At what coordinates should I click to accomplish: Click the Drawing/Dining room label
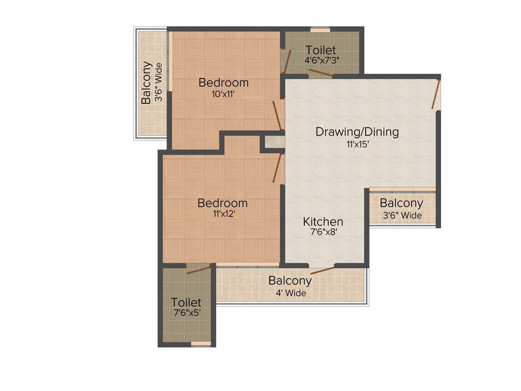[357, 132]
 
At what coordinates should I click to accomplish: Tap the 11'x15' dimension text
[357, 144]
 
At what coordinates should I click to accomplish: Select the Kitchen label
[323, 221]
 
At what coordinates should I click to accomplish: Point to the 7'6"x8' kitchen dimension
[323, 233]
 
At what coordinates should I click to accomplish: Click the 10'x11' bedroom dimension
[224, 94]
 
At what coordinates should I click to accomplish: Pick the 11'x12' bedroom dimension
[222, 214]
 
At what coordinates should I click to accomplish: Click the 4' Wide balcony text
[290, 293]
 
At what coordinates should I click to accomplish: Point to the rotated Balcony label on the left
[147, 83]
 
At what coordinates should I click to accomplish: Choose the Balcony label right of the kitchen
[401, 203]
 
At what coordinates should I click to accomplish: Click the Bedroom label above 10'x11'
[224, 82]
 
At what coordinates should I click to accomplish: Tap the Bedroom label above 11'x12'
[222, 203]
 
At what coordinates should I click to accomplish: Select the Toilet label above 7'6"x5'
[186, 302]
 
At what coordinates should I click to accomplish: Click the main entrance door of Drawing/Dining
[436, 94]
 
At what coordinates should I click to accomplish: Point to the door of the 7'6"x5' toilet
[198, 269]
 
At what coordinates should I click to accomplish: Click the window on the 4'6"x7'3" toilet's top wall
[321, 30]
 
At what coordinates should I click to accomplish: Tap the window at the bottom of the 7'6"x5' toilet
[200, 344]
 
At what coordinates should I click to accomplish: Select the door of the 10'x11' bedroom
[277, 115]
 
